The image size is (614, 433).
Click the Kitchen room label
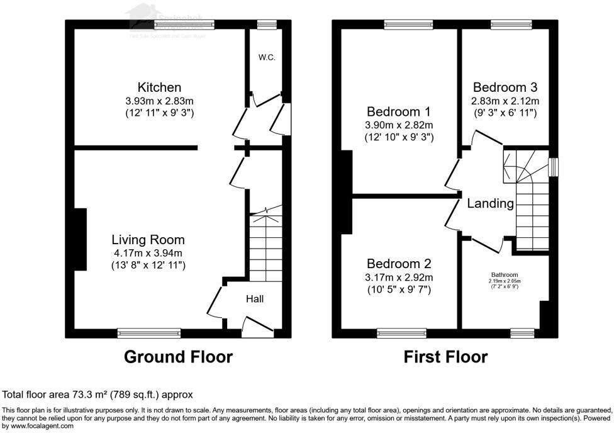click(159, 87)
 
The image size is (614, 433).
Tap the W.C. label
click(266, 57)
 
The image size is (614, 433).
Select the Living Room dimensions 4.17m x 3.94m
click(148, 254)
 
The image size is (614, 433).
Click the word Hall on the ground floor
click(255, 299)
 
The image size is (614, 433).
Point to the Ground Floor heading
click(178, 357)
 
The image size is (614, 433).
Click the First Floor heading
click(445, 357)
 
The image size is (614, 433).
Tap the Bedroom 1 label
click(399, 111)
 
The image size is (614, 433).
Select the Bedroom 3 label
click(505, 87)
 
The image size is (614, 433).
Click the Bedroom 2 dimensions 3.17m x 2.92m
click(400, 278)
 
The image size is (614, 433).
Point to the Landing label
click(490, 204)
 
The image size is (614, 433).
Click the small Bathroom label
click(505, 275)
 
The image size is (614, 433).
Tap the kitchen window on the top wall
click(184, 25)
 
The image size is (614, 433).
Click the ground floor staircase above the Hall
click(265, 245)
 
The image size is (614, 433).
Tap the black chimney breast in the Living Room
click(80, 240)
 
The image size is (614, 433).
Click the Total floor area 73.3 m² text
click(98, 395)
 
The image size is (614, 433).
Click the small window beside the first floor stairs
click(553, 167)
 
